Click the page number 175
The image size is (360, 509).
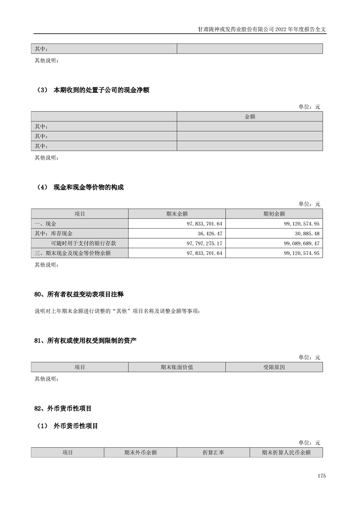point(322,476)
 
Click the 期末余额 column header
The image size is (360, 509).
point(177,214)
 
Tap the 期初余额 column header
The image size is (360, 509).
point(274,214)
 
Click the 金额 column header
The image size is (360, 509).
point(250,117)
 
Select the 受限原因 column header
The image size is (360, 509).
point(274,367)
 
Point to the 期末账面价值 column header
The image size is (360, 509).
point(177,367)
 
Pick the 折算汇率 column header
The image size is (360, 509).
point(213,452)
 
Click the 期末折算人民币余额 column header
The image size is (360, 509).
point(286,452)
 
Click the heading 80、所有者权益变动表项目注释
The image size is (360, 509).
point(79,294)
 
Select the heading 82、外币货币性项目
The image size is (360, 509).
point(63,409)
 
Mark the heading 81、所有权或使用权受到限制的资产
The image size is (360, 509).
point(85,341)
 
